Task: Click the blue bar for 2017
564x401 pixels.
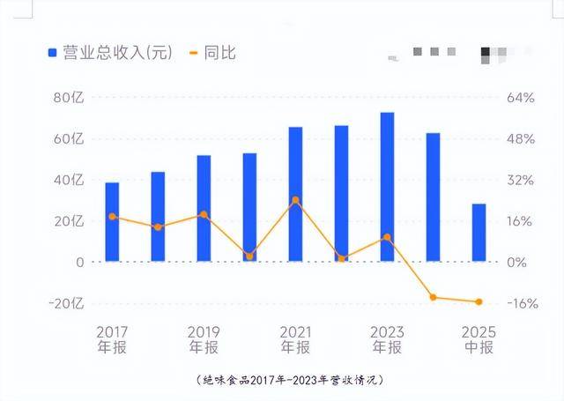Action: [112, 221]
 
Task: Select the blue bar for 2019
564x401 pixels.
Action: [204, 208]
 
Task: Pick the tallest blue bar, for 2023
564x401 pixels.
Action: [387, 187]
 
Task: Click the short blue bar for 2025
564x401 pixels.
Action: [479, 233]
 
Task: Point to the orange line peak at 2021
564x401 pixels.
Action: [295, 200]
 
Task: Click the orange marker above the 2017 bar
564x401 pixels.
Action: [112, 216]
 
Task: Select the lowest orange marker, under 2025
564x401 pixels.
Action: [479, 302]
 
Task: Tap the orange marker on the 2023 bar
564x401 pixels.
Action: [387, 237]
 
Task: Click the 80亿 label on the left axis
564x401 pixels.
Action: [68, 98]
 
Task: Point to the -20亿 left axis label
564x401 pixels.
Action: [64, 303]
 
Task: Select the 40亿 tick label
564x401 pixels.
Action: [68, 180]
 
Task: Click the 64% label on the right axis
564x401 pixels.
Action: [521, 98]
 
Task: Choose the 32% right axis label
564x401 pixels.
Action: [521, 180]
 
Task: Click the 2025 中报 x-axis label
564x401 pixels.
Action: [479, 339]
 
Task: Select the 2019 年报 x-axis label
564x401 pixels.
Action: [204, 339]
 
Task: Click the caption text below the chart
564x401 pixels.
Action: [290, 380]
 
